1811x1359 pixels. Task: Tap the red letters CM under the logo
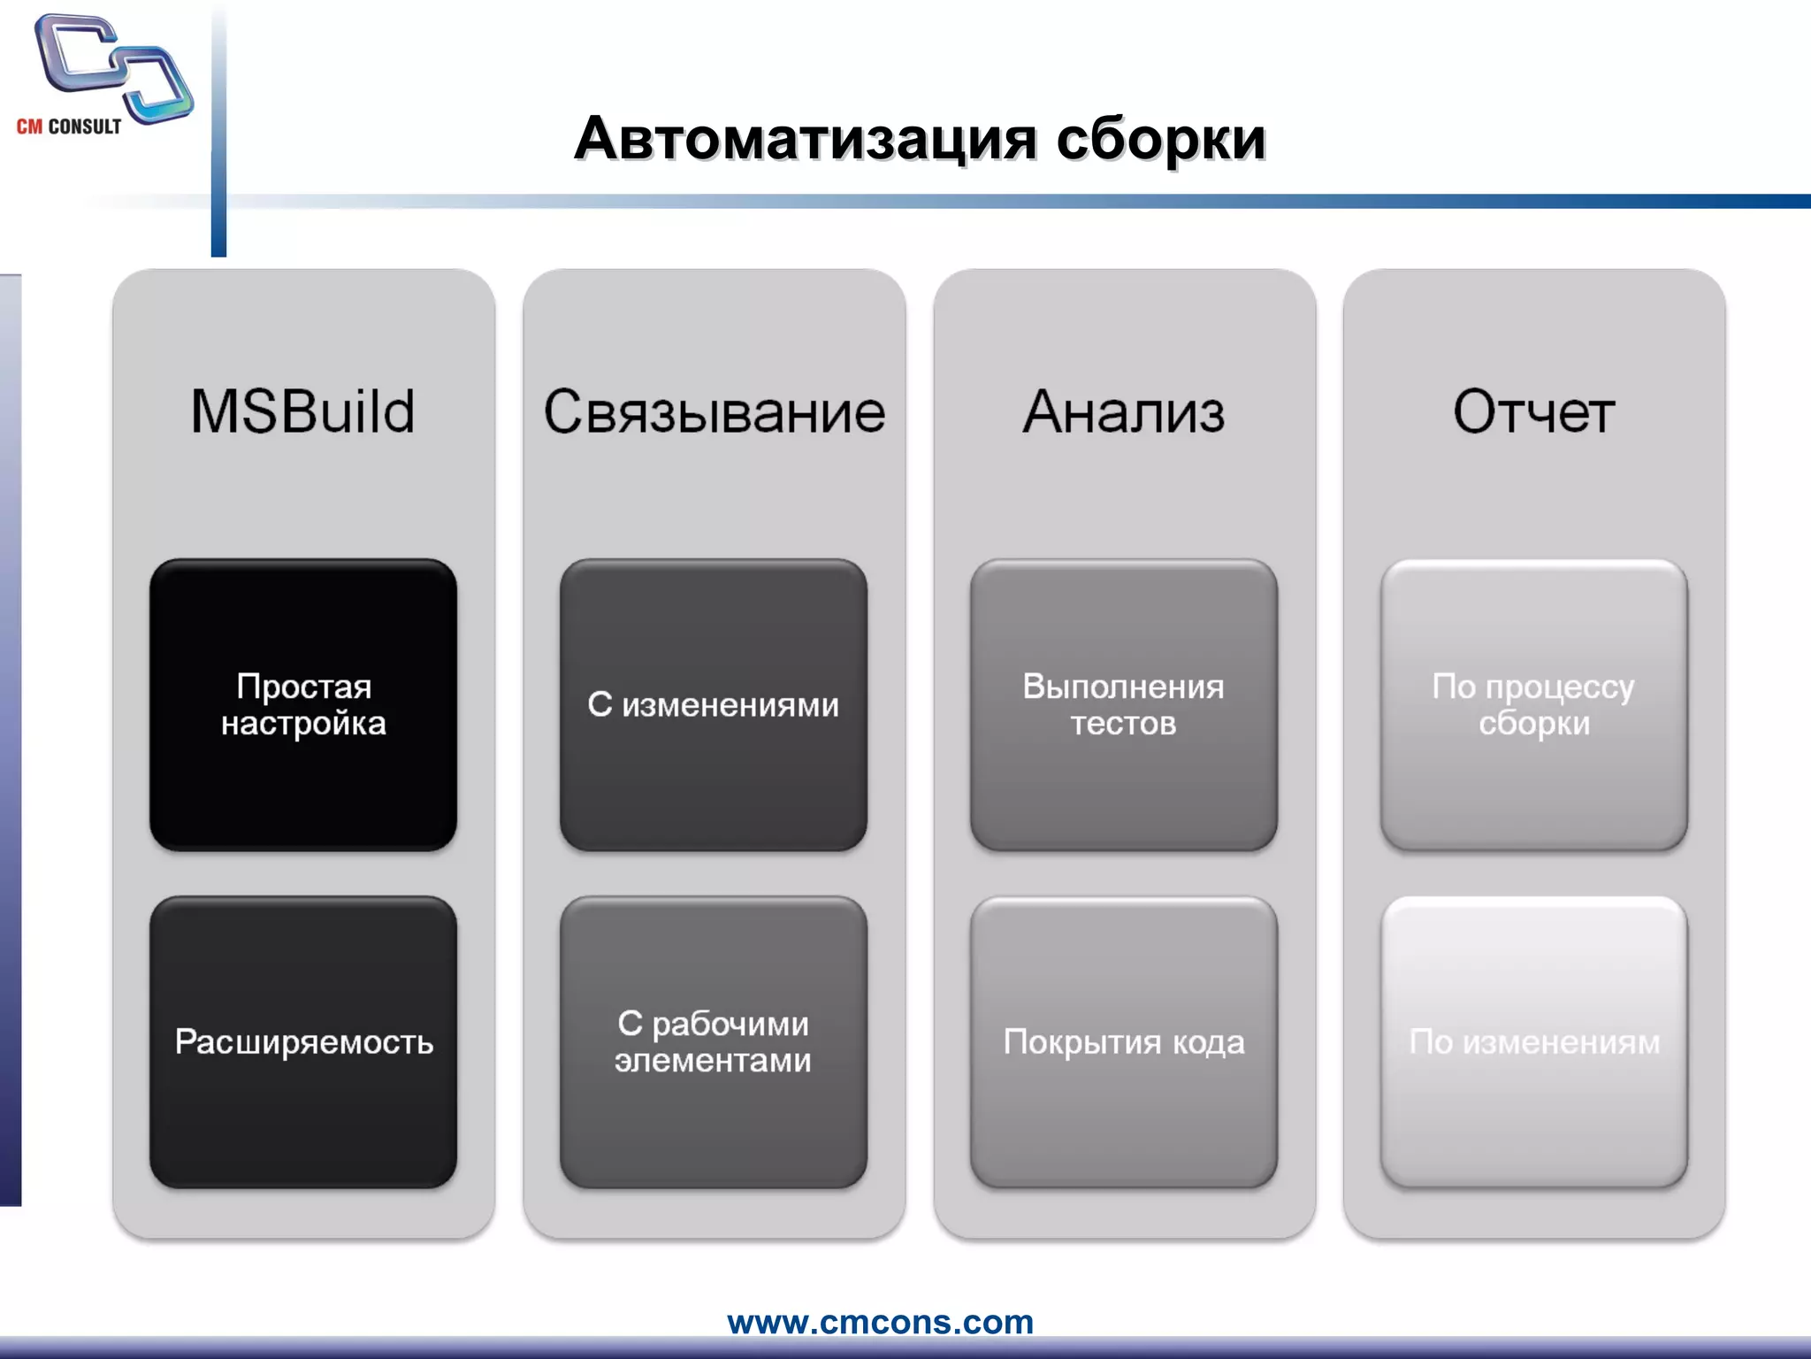coord(29,127)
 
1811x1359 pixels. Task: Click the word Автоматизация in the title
coord(805,139)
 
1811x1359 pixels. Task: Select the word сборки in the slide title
coord(1161,139)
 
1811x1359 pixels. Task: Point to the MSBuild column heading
coord(302,411)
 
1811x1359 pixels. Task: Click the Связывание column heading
coord(714,411)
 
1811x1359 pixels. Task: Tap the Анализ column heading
coord(1123,411)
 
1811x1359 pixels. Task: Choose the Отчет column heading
coord(1533,411)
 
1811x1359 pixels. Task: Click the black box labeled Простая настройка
coord(302,704)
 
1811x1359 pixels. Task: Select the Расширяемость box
coord(302,1041)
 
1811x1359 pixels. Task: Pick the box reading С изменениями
coord(713,704)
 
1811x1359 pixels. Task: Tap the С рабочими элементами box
coord(713,1041)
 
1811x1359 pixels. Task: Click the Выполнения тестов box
coord(1123,704)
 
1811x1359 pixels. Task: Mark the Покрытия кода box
coord(1123,1041)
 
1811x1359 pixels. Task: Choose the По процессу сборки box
coord(1533,704)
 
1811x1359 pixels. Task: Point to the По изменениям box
coord(1533,1041)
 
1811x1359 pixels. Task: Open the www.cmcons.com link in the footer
coord(880,1322)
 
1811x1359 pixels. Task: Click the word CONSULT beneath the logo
coord(85,127)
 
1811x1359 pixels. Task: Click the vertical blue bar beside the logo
coord(218,133)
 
